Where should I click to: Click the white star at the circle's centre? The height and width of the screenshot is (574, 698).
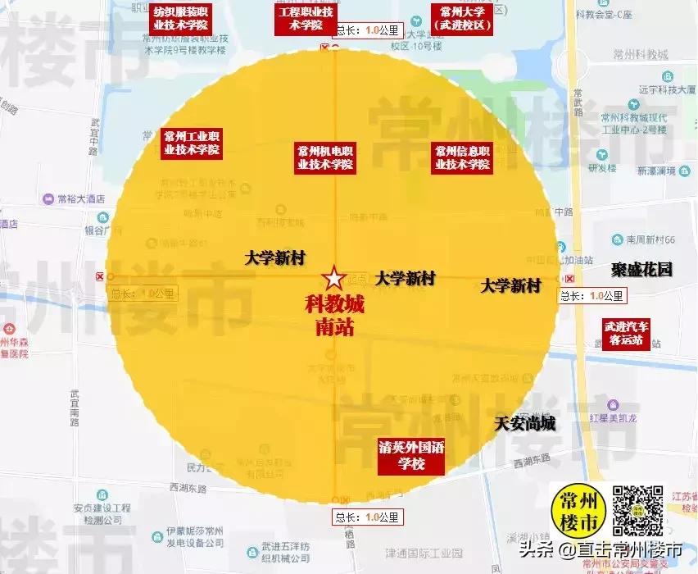tap(333, 277)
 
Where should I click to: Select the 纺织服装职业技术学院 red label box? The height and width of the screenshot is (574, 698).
tap(180, 18)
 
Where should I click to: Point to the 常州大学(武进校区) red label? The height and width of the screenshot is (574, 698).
tap(463, 18)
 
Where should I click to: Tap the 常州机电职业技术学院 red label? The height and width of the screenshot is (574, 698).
tap(325, 157)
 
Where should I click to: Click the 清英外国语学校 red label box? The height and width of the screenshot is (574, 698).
tap(410, 457)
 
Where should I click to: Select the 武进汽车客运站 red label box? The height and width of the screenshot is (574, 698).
tap(627, 333)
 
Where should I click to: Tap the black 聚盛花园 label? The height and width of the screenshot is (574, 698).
tap(641, 269)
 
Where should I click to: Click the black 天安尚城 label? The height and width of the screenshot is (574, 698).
tap(525, 424)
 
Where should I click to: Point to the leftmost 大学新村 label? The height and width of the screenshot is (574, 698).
tap(275, 257)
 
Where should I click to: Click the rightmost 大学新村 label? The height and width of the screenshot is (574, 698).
tap(510, 285)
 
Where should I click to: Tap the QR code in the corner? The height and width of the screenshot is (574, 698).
tap(637, 510)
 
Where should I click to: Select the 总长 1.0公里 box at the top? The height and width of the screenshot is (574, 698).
tap(368, 30)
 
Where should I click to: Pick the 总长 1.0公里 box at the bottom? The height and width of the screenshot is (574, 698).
tap(368, 517)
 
